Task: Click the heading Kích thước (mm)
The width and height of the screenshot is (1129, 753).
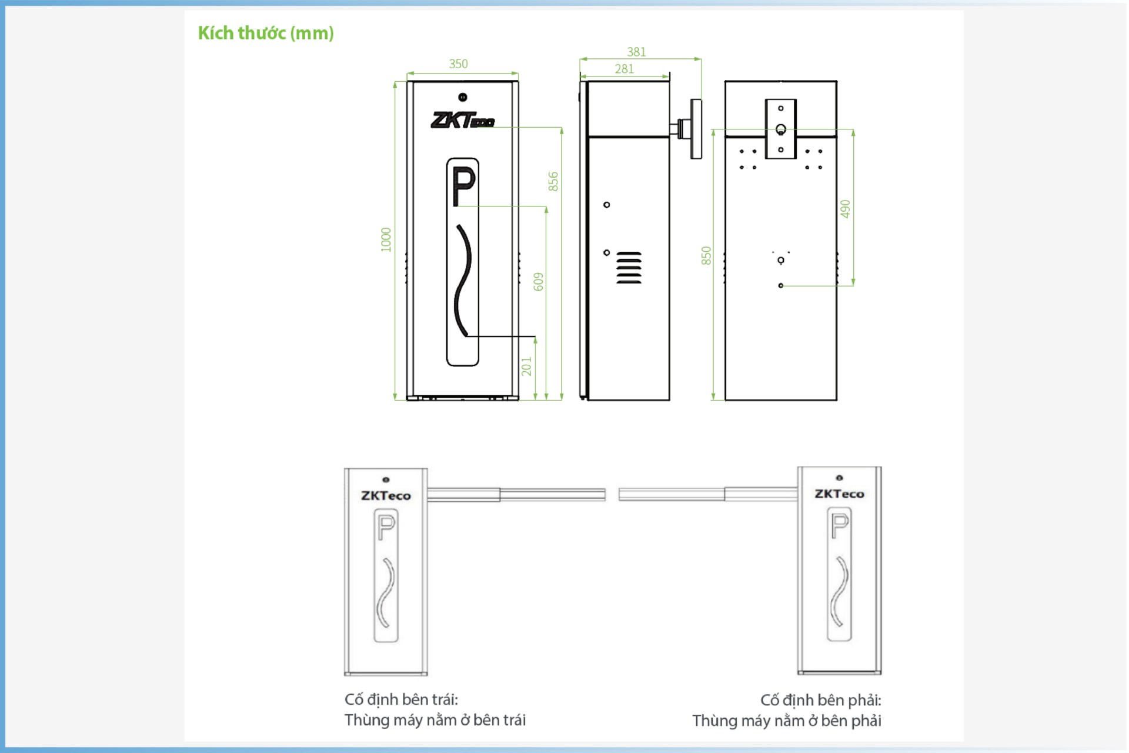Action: point(266,33)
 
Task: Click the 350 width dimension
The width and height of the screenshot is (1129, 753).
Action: point(459,64)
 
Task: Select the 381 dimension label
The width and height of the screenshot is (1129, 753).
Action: point(636,52)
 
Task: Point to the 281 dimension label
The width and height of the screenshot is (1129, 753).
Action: point(624,69)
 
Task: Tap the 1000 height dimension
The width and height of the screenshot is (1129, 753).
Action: point(386,239)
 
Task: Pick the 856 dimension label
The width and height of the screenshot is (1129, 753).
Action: point(553,182)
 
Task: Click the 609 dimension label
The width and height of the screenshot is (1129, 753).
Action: point(539,282)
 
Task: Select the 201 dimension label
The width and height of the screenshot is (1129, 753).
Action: point(526,366)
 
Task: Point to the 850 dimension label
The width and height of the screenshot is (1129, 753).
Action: point(706,255)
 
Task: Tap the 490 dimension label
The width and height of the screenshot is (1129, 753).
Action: point(845,209)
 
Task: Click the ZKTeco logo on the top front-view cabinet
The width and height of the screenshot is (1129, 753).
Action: point(463,120)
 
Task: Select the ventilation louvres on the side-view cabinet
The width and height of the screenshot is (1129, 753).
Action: point(629,268)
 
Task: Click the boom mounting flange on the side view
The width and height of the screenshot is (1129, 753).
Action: point(696,129)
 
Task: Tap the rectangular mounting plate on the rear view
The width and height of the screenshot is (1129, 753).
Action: point(781,129)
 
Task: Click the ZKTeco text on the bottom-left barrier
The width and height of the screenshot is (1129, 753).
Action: point(386,496)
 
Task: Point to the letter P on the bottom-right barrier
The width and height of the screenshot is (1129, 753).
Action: point(840,525)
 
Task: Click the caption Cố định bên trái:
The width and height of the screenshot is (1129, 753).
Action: point(401,699)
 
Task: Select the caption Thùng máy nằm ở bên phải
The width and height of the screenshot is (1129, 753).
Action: point(787,721)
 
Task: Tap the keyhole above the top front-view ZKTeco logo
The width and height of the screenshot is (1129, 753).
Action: point(463,97)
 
